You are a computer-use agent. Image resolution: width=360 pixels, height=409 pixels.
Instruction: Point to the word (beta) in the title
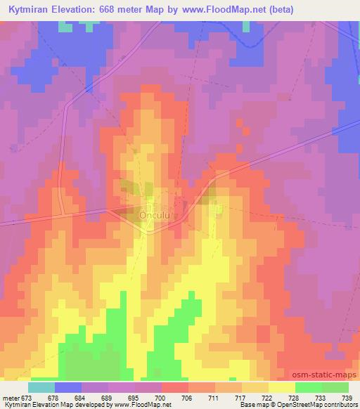coord(276,11)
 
